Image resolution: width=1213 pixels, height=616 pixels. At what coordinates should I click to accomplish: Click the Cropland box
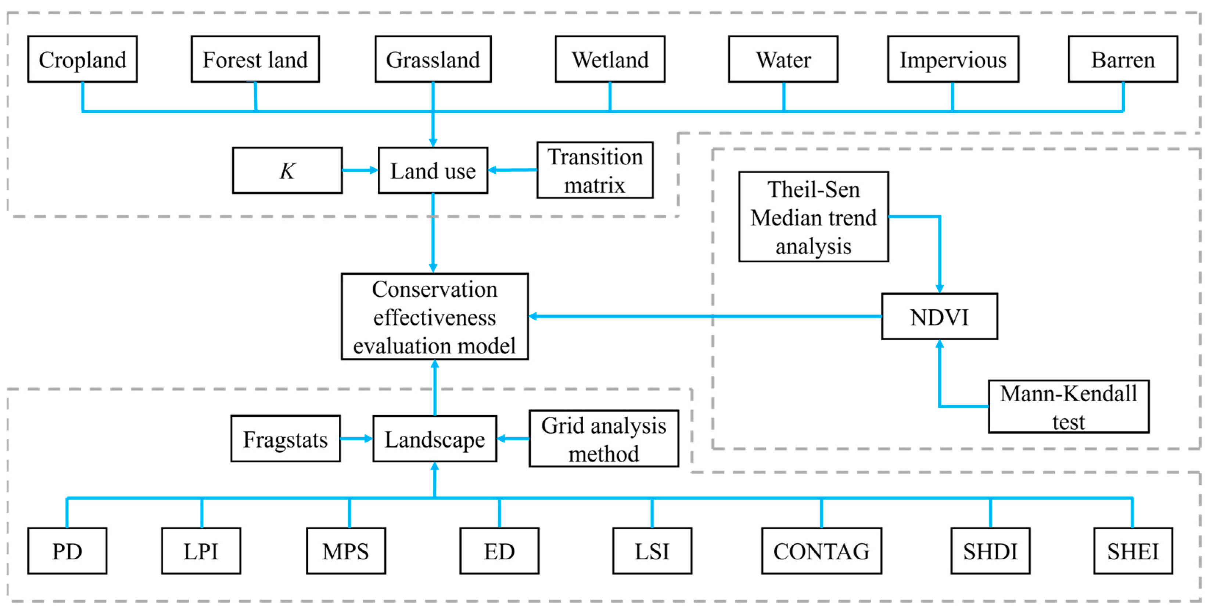click(82, 59)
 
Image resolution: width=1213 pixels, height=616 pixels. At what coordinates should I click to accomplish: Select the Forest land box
click(255, 59)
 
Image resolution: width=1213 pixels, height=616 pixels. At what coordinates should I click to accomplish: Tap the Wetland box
click(610, 59)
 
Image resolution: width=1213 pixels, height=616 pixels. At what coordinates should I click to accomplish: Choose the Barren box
click(1123, 59)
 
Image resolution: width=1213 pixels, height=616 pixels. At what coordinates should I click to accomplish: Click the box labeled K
click(287, 171)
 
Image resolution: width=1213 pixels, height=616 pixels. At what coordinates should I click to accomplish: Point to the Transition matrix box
click(595, 171)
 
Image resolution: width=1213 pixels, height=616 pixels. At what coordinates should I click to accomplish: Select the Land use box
click(433, 171)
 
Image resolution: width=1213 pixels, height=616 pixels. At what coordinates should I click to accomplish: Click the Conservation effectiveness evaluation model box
click(435, 317)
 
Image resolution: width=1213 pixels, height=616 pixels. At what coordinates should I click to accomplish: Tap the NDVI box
click(939, 317)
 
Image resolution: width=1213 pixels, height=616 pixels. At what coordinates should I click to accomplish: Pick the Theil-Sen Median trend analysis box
click(813, 217)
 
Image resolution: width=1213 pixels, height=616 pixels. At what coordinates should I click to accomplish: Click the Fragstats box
click(286, 439)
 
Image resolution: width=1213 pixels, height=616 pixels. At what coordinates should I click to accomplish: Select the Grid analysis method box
click(604, 439)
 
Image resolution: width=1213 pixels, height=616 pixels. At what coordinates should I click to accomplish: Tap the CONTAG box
click(821, 551)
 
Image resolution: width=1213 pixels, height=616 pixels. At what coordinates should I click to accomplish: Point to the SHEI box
click(1133, 551)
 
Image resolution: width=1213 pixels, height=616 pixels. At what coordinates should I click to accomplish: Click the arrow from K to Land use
click(360, 170)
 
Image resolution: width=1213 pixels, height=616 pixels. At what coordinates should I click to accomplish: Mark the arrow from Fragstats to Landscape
click(356, 439)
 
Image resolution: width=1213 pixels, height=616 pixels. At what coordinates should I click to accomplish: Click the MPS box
click(346, 551)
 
